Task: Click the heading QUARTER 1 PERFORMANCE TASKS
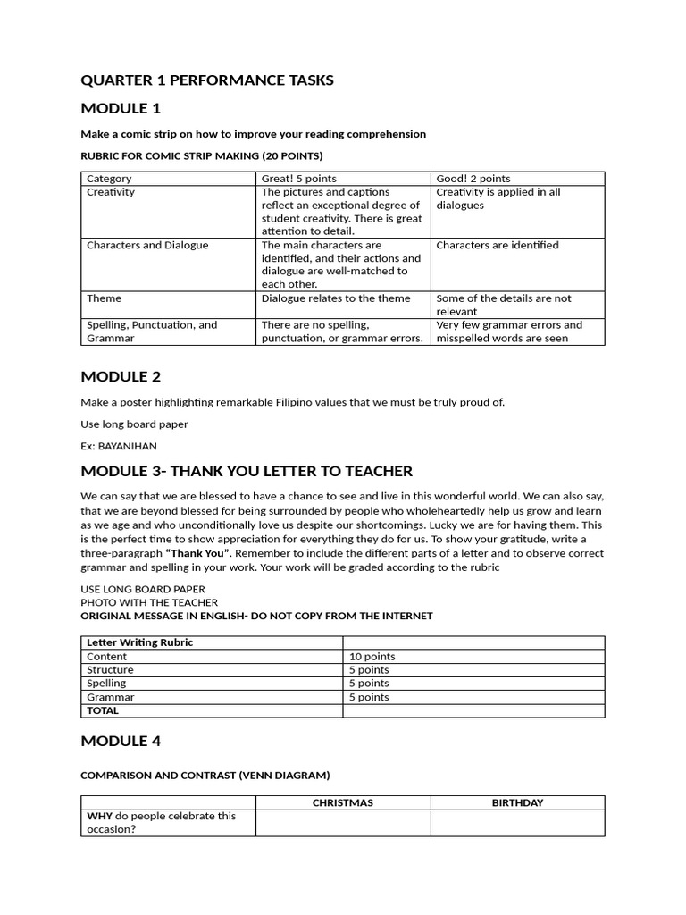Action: tap(206, 80)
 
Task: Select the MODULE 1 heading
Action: tap(121, 109)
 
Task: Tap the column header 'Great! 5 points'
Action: tap(298, 179)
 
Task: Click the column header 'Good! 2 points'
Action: tap(473, 179)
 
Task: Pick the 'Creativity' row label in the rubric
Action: tap(111, 192)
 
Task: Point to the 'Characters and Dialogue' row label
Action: tap(146, 245)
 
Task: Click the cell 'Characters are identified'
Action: tap(497, 245)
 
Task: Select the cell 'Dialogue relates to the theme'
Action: tap(336, 298)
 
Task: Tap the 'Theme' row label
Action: tap(104, 298)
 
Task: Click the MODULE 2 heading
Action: tap(121, 376)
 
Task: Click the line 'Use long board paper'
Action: tap(134, 424)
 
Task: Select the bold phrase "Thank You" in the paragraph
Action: tap(197, 553)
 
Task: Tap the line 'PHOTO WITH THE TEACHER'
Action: tap(149, 602)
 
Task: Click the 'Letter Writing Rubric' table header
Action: tap(139, 642)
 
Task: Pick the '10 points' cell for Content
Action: tap(372, 657)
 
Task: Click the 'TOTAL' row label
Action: tap(102, 711)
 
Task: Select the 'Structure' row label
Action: tap(110, 670)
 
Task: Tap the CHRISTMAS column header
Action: tap(342, 803)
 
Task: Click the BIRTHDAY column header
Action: tap(517, 803)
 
